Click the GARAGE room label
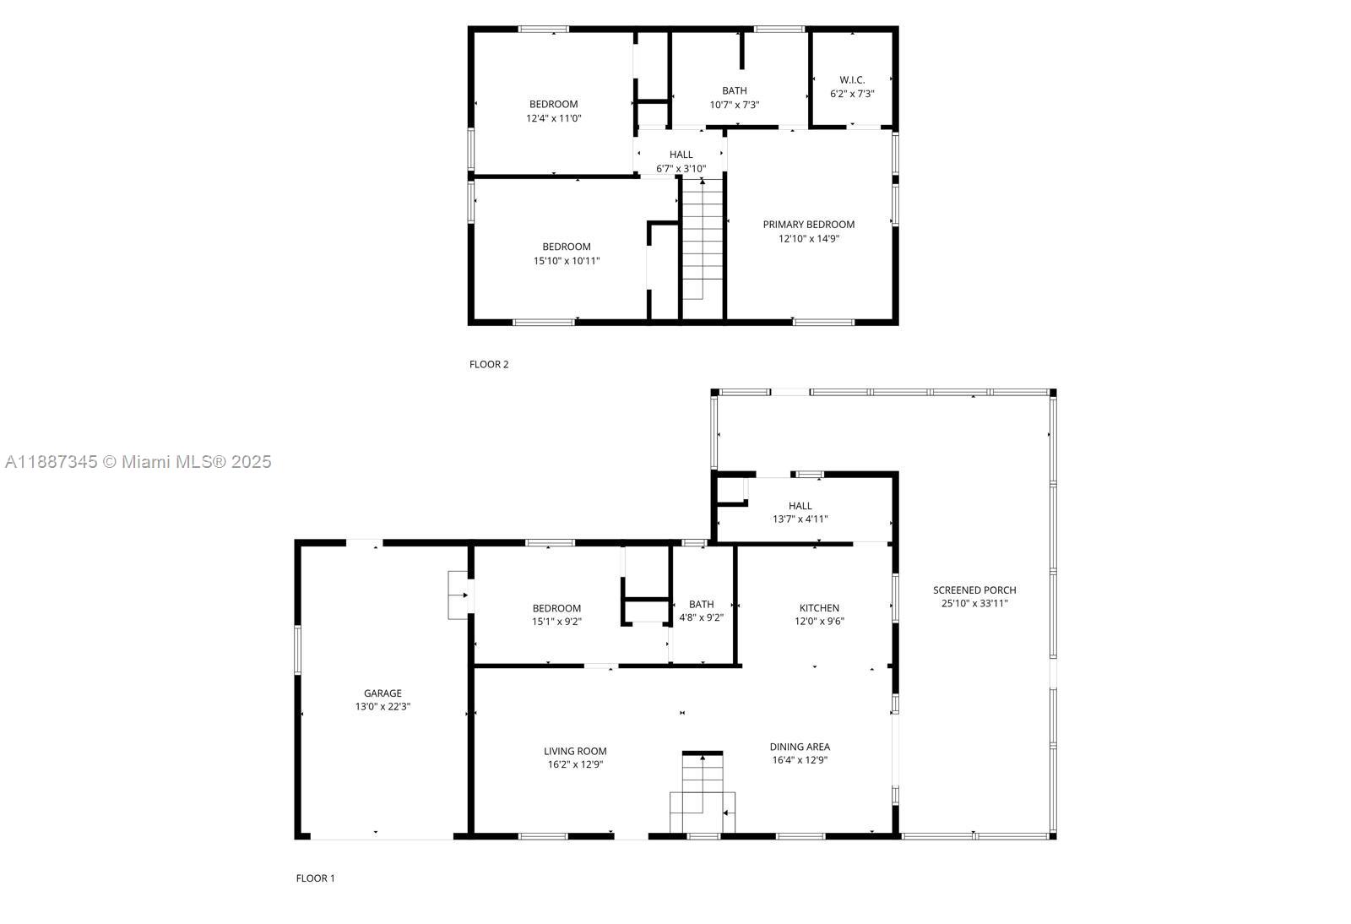pos(383,693)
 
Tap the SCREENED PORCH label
pos(974,590)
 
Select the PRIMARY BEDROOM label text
pos(808,225)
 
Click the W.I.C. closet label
pos(852,80)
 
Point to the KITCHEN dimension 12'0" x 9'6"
pos(819,622)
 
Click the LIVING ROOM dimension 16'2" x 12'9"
pos(575,765)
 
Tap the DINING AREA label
pos(800,747)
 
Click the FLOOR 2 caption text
pos(489,365)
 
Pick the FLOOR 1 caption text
pos(315,878)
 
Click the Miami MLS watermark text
pos(138,462)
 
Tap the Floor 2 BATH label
pos(734,90)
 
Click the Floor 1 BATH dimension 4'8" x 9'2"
pos(701,618)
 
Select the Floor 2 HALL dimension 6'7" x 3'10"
pos(681,169)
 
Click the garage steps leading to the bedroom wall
pos(458,595)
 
